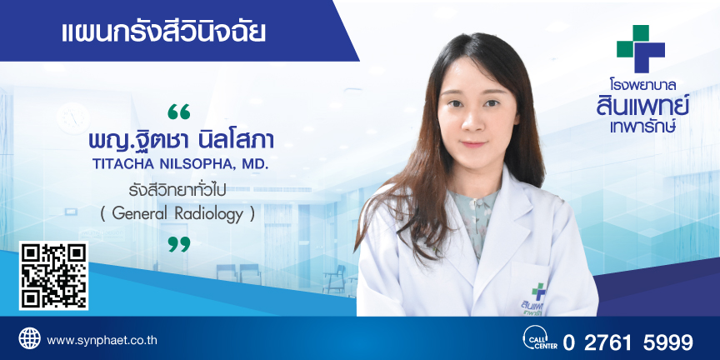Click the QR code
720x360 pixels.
[x=53, y=276]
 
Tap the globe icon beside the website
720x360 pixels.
[x=29, y=338]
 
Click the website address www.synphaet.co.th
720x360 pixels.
[x=102, y=341]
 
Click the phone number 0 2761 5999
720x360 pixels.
[x=627, y=342]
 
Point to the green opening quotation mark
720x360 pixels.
[x=178, y=112]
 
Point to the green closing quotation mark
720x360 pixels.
[x=178, y=244]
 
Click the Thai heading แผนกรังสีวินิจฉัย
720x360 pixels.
[x=163, y=32]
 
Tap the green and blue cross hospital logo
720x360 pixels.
[x=641, y=48]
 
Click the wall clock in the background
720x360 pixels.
[x=73, y=118]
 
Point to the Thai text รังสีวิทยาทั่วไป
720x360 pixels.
[x=177, y=190]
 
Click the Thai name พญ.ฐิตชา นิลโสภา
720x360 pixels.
[x=182, y=139]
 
